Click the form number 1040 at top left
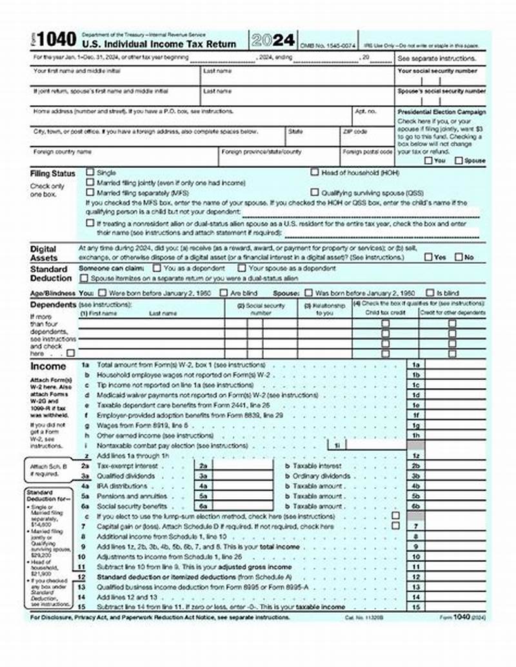(56, 40)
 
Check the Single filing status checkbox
(90, 173)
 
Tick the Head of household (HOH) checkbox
(315, 172)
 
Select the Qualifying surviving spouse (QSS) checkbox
(315, 192)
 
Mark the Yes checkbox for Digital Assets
(428, 257)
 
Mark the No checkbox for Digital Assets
(459, 257)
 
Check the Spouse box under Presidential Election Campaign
(459, 161)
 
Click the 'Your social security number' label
(437, 71)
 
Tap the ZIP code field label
(355, 132)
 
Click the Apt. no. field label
(365, 111)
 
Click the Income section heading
(48, 366)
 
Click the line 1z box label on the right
(416, 455)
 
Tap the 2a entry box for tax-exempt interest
(203, 465)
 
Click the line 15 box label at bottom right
(416, 607)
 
